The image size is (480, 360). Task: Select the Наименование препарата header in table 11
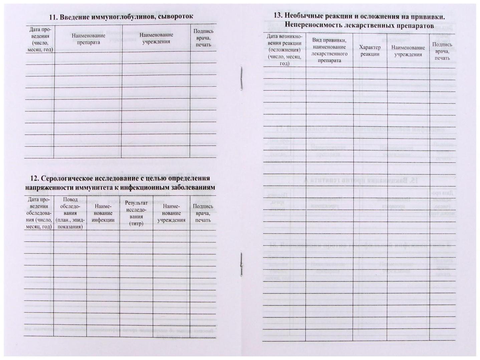[88, 39]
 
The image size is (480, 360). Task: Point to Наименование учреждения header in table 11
[156, 38]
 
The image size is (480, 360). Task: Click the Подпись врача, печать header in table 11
[203, 38]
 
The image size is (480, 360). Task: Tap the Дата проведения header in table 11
[40, 39]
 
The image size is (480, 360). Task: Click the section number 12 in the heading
[35, 178]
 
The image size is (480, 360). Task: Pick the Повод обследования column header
[70, 213]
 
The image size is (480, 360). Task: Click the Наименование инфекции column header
[103, 213]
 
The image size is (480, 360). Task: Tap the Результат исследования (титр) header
[136, 213]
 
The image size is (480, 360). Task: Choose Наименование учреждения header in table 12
[171, 213]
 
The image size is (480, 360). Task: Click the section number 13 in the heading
[278, 16]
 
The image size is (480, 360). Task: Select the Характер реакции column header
[370, 51]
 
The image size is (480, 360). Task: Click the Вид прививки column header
[329, 50]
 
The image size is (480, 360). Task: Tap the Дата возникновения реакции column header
[284, 50]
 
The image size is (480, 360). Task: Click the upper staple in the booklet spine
[241, 78]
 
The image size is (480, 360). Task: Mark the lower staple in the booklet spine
[241, 264]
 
